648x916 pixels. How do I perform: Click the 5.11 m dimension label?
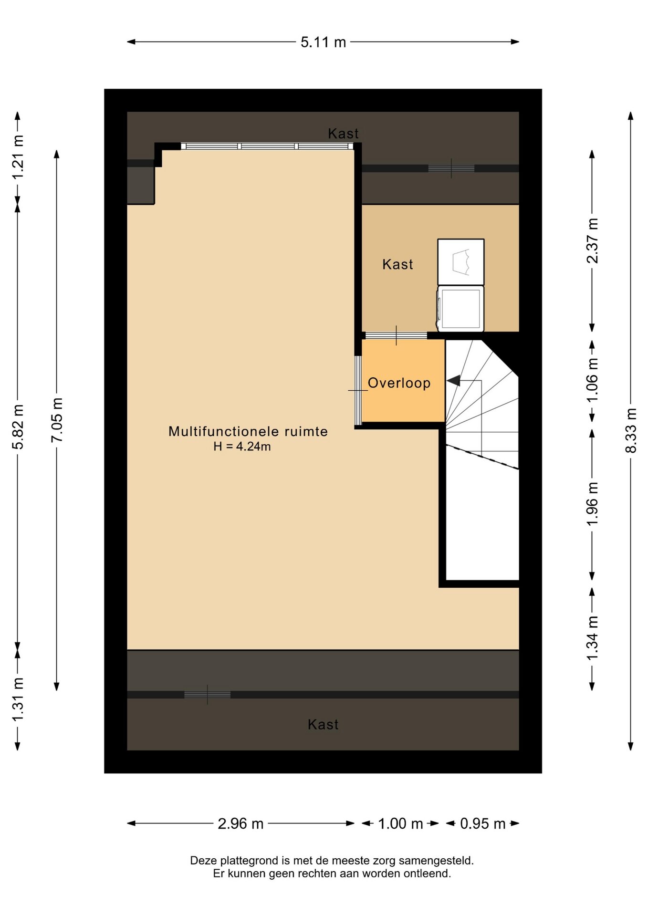(x=323, y=42)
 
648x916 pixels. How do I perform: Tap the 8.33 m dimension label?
(x=631, y=430)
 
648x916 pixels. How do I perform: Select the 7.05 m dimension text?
(x=57, y=420)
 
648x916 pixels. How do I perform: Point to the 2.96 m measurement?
(x=240, y=823)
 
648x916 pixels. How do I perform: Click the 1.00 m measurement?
(x=400, y=823)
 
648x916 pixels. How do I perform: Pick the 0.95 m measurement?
(x=482, y=823)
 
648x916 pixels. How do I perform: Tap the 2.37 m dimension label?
(x=592, y=240)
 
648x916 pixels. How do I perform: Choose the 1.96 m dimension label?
(x=592, y=504)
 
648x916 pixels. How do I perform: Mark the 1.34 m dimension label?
(x=592, y=638)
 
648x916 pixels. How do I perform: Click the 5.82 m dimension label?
(x=18, y=427)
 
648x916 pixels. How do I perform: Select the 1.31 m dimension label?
(x=18, y=699)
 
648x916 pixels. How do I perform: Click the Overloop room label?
(x=399, y=383)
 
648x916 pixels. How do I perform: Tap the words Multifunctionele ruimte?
(x=248, y=431)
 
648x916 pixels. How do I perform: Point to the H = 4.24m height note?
(x=242, y=447)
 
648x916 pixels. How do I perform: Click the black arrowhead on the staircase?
(x=453, y=380)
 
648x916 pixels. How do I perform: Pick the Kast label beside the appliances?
(x=397, y=264)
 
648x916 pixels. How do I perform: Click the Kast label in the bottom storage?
(x=323, y=724)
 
